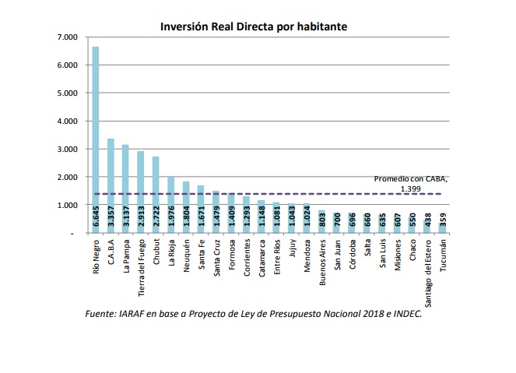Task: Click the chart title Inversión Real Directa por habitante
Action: point(254,26)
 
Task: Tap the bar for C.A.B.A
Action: point(111,179)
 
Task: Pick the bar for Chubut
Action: point(156,187)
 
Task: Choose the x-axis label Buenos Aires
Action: point(321,262)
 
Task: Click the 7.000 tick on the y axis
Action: point(68,37)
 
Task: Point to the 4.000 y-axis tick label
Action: point(68,121)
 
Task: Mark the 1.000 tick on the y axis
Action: point(68,206)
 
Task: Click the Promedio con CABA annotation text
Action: point(410,182)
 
